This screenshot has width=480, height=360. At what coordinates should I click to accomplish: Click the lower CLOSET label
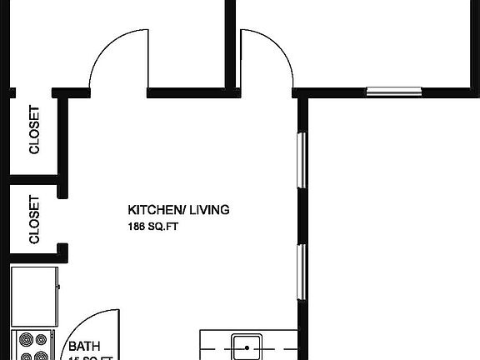[34, 219]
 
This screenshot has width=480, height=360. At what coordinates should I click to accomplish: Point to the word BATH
[84, 346]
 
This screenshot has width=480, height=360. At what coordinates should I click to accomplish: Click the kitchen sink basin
[247, 346]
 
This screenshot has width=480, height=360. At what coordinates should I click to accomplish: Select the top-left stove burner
[25, 340]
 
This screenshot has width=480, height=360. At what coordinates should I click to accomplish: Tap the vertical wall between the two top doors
[230, 42]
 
